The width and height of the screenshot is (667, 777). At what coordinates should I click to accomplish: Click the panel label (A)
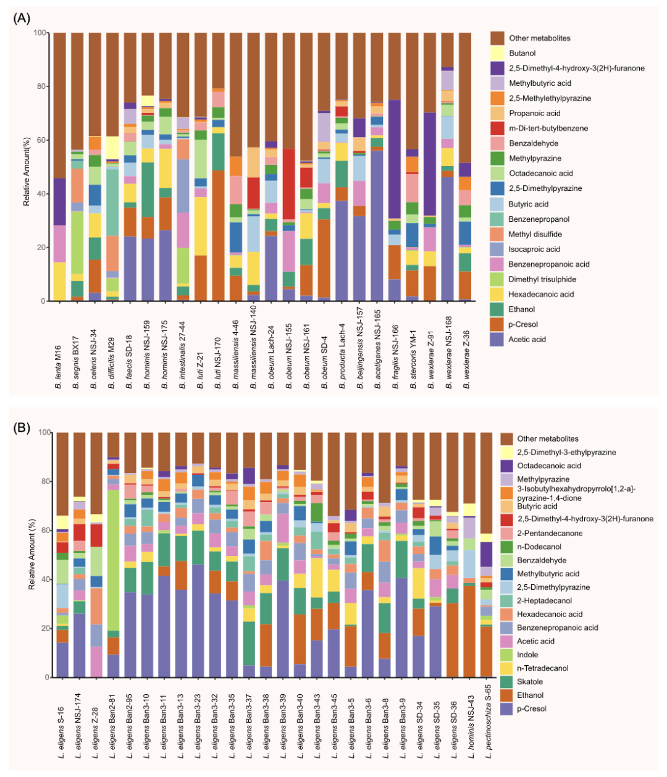[x=22, y=18]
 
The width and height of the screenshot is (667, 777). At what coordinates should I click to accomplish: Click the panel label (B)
[x=22, y=427]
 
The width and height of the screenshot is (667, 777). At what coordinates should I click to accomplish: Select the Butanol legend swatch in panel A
[x=498, y=53]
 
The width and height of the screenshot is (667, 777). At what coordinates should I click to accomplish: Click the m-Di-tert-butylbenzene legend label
[x=548, y=128]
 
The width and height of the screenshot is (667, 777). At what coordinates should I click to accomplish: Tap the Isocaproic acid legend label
[x=534, y=250]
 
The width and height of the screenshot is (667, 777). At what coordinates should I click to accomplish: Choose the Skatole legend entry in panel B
[x=530, y=682]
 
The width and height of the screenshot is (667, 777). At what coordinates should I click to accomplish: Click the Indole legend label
[x=527, y=655]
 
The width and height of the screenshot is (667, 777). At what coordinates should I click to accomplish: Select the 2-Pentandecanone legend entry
[x=550, y=533]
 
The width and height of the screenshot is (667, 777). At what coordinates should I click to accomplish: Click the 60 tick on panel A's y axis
[x=40, y=140]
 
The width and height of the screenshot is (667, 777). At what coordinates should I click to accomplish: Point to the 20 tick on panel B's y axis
[x=44, y=628]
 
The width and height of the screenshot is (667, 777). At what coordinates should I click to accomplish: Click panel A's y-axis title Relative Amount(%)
[x=27, y=167]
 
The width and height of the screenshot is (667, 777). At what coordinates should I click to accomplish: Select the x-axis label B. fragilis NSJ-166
[x=395, y=350]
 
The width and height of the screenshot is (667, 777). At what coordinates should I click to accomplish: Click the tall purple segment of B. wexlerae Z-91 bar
[x=430, y=164]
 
